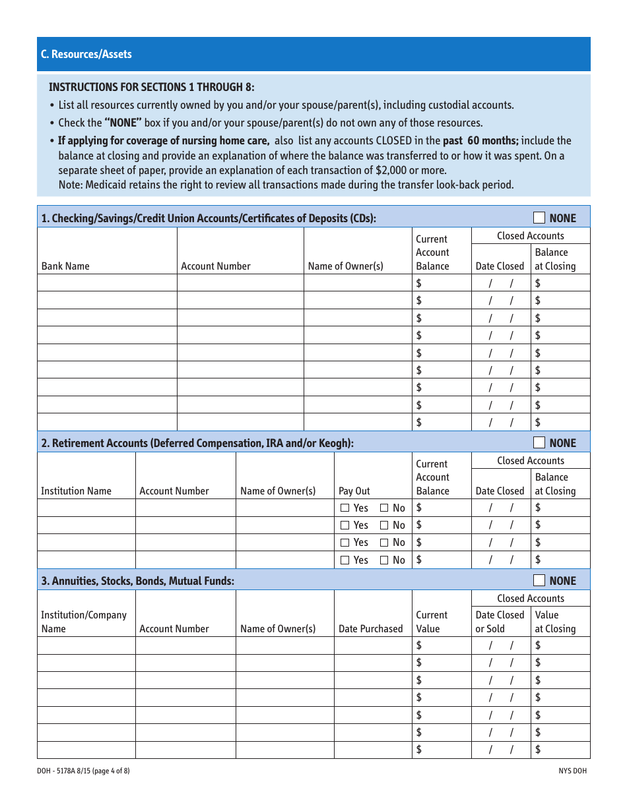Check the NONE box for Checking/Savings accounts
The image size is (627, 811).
pos(539,218)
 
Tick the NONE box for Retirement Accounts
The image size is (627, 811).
pos(539,442)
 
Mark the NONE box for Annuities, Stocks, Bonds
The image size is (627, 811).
pos(539,580)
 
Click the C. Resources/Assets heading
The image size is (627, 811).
pos(86,54)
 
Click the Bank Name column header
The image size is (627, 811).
pos(65,266)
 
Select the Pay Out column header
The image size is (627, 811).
pos(354,491)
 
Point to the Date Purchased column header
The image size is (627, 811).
pos(370,629)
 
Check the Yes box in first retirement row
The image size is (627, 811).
pos(345,508)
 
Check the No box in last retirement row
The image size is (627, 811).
pos(384,560)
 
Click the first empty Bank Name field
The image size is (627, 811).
pos(107,284)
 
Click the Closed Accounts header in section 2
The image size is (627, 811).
pos(531,461)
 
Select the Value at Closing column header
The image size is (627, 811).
pos(555,622)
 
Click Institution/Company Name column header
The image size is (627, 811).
pos(84,622)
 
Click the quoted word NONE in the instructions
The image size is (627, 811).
pos(123,123)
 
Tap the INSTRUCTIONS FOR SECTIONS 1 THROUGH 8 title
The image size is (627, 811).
pos(151,87)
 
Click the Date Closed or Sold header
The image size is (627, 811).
pos(500,622)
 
